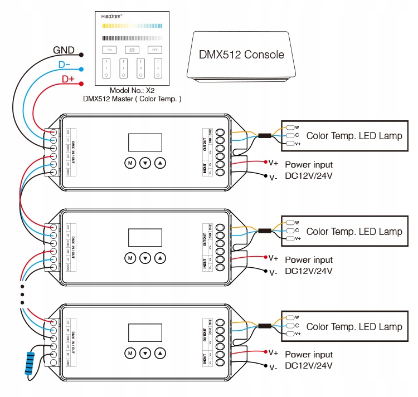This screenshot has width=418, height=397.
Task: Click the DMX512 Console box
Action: point(241,55)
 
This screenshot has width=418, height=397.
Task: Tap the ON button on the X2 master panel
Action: point(109,50)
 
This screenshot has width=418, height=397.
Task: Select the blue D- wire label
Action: point(65,65)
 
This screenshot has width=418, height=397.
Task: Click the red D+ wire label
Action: point(68,80)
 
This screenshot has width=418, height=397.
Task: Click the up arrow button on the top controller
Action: point(161,163)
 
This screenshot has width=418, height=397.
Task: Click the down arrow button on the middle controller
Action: point(145,258)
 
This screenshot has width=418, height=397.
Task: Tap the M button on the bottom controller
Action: point(130,353)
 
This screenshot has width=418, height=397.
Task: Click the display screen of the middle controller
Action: point(145,237)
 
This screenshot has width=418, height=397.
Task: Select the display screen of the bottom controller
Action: point(145,332)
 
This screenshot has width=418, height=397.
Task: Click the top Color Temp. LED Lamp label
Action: point(354,136)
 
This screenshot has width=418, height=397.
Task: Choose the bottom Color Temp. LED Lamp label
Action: point(354,327)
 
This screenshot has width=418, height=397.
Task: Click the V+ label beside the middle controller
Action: point(273,258)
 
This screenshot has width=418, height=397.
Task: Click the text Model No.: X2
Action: point(132,90)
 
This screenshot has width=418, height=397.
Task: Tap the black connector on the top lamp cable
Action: point(264,135)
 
